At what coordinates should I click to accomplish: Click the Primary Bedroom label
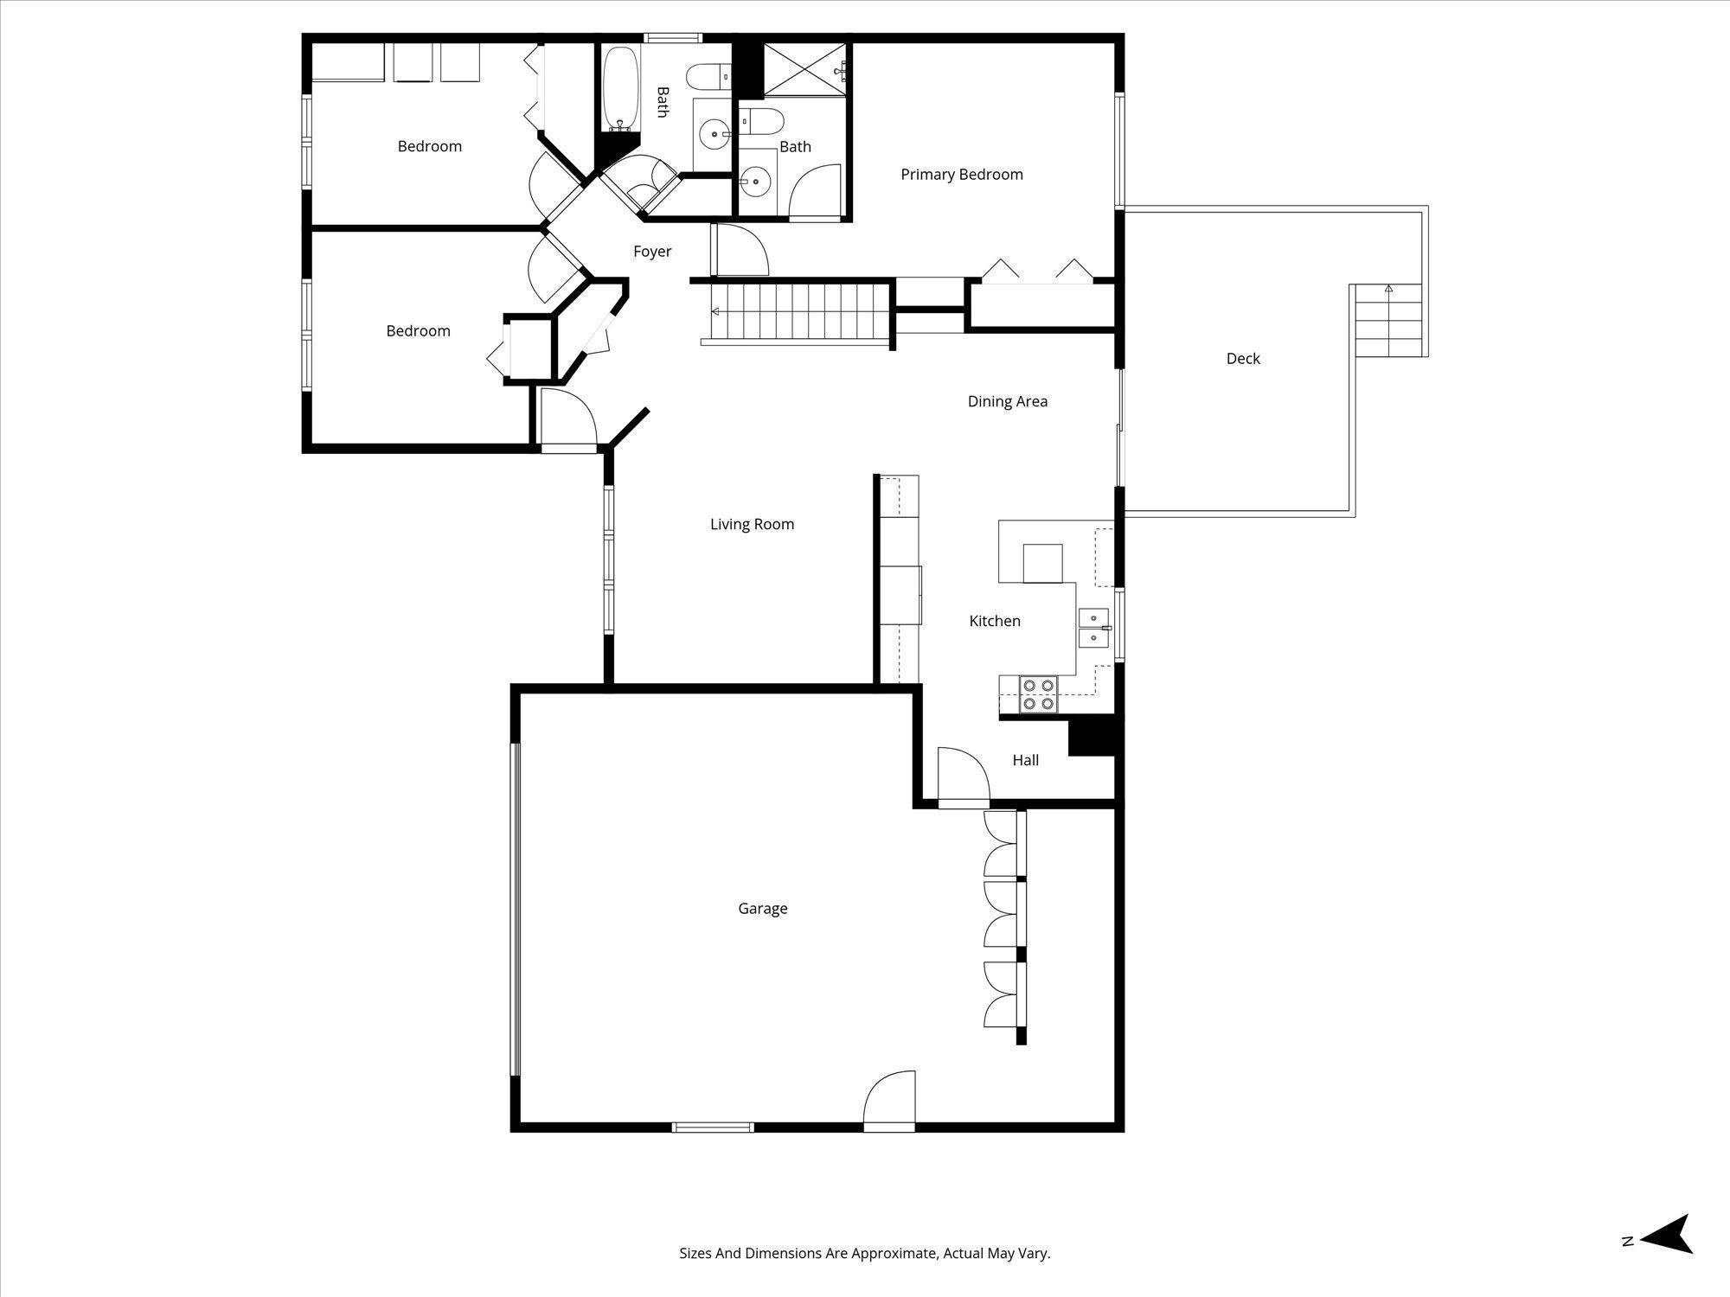(961, 175)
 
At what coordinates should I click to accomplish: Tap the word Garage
(762, 909)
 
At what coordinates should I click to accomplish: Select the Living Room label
(752, 524)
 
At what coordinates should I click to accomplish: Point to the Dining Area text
(1007, 401)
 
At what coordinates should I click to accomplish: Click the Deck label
(1243, 359)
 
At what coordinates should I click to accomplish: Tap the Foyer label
(652, 252)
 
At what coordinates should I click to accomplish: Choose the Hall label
(1025, 760)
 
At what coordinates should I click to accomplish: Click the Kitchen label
(994, 621)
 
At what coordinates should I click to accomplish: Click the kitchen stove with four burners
(1039, 694)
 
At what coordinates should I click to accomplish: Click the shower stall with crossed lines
(803, 68)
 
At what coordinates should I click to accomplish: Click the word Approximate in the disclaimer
(894, 1253)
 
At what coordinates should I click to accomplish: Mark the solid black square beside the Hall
(1091, 737)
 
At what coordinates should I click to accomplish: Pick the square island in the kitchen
(1042, 564)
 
